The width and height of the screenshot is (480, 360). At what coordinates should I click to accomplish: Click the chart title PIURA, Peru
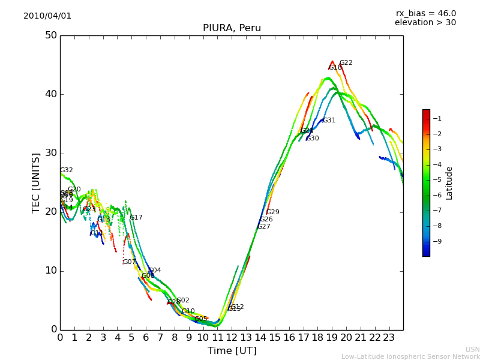[x=232, y=28]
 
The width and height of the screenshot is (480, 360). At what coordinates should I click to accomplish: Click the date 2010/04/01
[x=47, y=16]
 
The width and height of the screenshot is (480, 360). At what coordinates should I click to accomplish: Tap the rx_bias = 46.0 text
[x=426, y=14]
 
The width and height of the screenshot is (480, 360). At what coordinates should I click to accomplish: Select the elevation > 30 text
[x=425, y=23]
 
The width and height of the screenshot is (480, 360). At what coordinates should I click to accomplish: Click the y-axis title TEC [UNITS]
[x=36, y=182]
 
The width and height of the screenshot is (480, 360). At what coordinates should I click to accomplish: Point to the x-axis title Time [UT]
[x=232, y=351]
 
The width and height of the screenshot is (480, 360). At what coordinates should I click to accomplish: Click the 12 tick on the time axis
[x=232, y=338]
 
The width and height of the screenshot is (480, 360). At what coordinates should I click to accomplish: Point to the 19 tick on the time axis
[x=332, y=338]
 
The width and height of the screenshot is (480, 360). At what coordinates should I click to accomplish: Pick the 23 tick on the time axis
[x=389, y=338]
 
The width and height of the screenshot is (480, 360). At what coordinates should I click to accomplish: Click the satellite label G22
[x=346, y=63]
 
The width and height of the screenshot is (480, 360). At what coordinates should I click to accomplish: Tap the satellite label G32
[x=66, y=170]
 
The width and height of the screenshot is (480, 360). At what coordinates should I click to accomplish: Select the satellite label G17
[x=136, y=218]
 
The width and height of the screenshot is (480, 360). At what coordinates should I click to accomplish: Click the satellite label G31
[x=329, y=121]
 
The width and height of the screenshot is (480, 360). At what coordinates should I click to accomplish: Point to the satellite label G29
[x=272, y=212]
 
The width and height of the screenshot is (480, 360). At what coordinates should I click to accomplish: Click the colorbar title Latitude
[x=449, y=183]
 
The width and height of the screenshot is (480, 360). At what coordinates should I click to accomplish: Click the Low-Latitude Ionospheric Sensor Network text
[x=410, y=356]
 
